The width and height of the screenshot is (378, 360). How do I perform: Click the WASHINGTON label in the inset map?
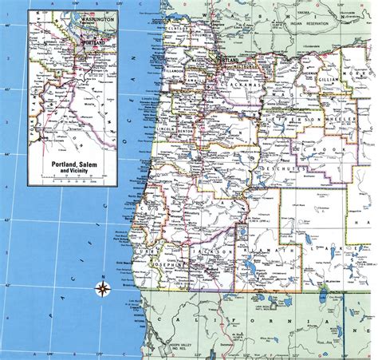(71, 17)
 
